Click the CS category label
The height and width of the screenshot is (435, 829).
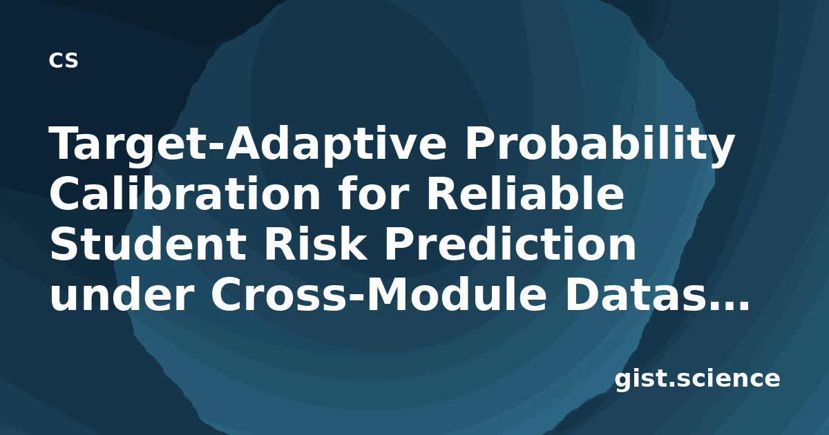coord(64,60)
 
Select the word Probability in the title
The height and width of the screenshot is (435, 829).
coord(600,144)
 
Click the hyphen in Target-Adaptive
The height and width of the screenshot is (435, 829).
coord(216,149)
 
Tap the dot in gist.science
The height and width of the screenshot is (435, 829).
coord(669,384)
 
